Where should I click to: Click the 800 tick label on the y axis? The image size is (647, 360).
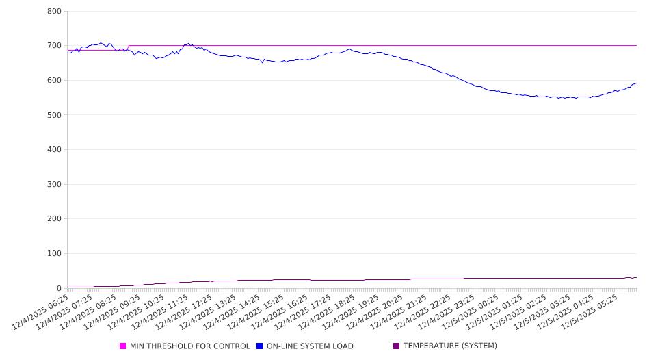point(55,12)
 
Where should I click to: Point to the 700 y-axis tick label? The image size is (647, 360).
point(55,46)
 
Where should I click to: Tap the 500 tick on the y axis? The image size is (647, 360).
point(55,115)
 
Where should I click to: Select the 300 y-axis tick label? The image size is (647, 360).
point(55,184)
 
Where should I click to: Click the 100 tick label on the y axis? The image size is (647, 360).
point(55,254)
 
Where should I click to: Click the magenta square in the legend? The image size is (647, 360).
point(123,346)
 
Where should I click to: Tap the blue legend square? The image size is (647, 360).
point(260,346)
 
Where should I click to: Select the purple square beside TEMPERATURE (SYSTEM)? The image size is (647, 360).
point(397,346)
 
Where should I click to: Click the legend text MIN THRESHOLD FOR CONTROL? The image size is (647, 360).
point(189,346)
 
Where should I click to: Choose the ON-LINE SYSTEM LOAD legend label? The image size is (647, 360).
point(310,346)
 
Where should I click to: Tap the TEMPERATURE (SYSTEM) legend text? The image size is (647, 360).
point(450,346)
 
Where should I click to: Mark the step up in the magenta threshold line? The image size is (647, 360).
point(128,47)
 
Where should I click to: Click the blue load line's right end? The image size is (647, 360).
point(636,83)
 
